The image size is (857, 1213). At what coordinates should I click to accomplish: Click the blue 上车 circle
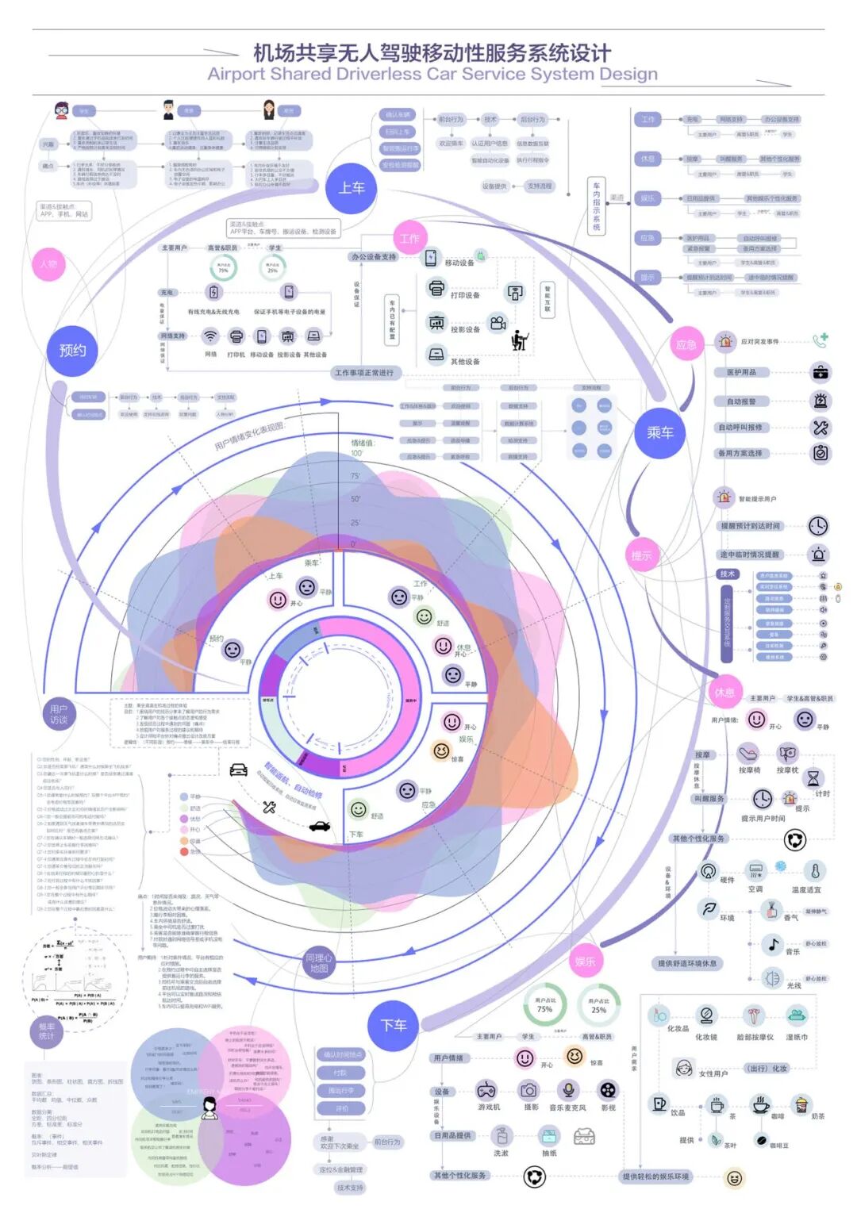point(352,188)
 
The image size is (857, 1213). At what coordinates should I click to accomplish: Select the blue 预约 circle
point(72,350)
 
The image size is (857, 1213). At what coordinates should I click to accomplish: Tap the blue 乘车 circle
point(659,432)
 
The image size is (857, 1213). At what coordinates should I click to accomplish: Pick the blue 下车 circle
point(394,1025)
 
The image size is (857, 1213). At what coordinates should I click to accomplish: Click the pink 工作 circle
point(409,238)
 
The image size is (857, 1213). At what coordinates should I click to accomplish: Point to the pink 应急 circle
point(686,344)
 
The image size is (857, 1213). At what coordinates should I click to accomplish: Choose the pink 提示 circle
point(641,555)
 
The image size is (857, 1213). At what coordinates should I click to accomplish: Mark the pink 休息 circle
point(724,693)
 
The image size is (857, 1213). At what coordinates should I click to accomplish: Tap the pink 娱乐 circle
point(585,962)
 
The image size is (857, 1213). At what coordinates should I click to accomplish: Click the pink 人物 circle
point(49,264)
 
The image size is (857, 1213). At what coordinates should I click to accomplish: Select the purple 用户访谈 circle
point(59,714)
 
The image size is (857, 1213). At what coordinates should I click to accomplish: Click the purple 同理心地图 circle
point(319,962)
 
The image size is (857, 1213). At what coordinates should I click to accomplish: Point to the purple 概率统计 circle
point(47,1031)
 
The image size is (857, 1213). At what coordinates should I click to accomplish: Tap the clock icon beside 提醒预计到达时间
point(818,525)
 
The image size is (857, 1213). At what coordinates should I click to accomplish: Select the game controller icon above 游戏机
point(486,1090)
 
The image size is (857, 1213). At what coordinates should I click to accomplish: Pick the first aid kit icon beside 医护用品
point(820,372)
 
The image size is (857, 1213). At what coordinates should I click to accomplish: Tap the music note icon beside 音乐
point(772,944)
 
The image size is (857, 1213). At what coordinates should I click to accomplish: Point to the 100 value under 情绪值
point(356,453)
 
